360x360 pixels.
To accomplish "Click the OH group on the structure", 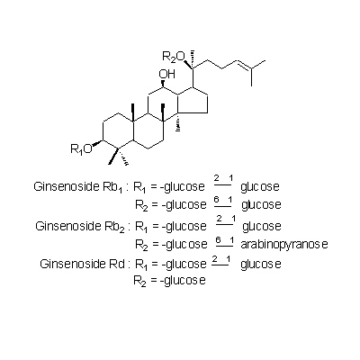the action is [167, 74].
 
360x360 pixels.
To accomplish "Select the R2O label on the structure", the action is [173, 57].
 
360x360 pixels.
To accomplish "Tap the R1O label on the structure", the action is [81, 148].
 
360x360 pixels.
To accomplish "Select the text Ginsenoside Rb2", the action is [80, 227].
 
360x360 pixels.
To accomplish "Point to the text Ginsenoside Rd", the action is [82, 264].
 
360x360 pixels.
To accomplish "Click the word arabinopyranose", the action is [284, 245].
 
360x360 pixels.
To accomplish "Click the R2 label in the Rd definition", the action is [139, 282].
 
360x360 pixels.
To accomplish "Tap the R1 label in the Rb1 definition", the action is [139, 187].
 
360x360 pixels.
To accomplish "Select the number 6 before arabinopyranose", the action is [219, 239].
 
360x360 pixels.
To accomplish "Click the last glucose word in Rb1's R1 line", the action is [260, 187].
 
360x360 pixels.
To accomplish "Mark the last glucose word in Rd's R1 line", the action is [261, 265].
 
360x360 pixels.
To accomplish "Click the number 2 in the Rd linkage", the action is [214, 259].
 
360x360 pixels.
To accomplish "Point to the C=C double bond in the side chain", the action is [244, 64].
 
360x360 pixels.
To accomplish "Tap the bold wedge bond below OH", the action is [163, 84].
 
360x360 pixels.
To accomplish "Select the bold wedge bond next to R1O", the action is [97, 144].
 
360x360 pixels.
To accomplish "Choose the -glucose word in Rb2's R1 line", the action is [184, 227].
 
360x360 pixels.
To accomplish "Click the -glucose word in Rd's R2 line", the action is [183, 281].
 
